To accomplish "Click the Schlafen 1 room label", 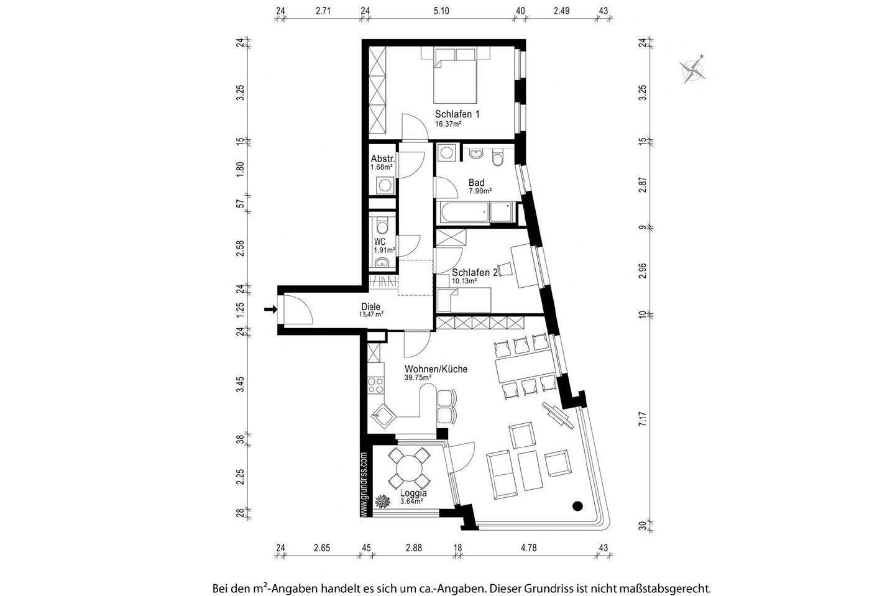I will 457,114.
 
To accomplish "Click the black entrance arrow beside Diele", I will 270,309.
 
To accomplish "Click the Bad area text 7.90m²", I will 480,191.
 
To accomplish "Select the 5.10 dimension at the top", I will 441,11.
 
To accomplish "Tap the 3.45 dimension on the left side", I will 241,384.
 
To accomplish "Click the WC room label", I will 380,241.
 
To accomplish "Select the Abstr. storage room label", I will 383,158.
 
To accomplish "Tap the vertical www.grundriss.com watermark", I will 364,485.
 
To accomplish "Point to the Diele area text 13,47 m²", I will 370,314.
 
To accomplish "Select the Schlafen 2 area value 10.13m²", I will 464,281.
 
